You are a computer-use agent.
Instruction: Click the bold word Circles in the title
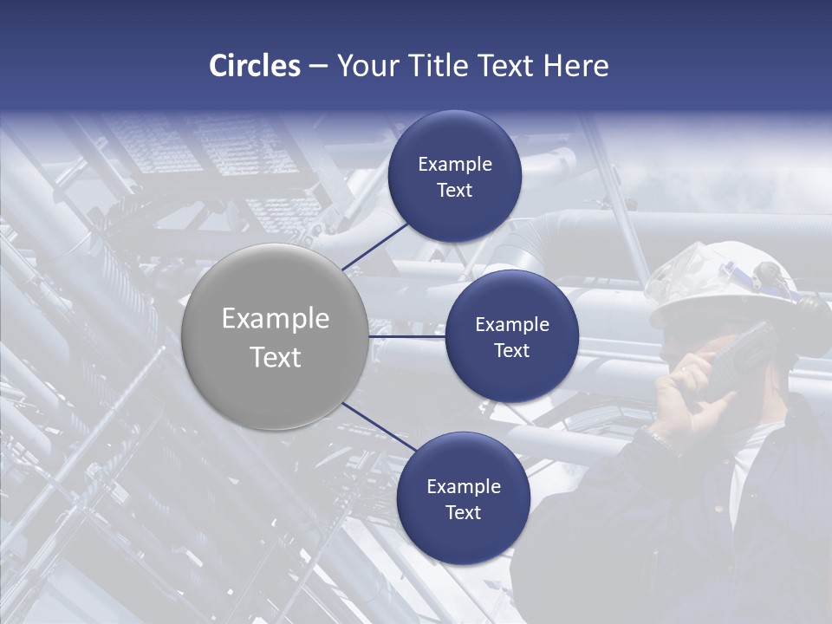click(x=254, y=66)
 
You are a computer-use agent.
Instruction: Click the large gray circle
click(x=275, y=336)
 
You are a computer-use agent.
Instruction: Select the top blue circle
click(x=455, y=176)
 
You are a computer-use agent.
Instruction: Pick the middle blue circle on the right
click(x=511, y=336)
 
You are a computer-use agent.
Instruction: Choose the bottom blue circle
click(x=463, y=498)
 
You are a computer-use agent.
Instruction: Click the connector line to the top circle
click(x=376, y=245)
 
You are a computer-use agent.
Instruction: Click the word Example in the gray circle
click(x=275, y=319)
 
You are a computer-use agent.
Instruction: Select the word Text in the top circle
click(x=455, y=190)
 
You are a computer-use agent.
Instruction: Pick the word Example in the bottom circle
click(x=463, y=486)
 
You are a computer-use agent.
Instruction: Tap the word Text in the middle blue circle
click(x=511, y=350)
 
